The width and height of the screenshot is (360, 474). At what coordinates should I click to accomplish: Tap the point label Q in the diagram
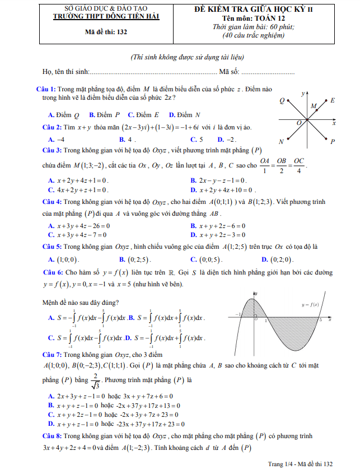coord(282,100)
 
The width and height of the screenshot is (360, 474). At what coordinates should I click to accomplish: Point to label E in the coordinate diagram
coord(333,100)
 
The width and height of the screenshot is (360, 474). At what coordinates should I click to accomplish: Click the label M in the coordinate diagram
coord(313,106)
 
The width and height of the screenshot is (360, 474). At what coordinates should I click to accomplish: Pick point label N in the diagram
coord(281,142)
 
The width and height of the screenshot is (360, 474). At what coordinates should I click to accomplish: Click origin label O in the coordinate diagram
coord(299,122)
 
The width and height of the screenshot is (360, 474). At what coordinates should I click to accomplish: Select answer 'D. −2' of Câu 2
coord(227,140)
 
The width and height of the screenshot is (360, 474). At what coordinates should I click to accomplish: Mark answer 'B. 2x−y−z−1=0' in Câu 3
coord(218,180)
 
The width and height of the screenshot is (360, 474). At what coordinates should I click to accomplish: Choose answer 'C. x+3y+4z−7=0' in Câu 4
coord(78,235)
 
